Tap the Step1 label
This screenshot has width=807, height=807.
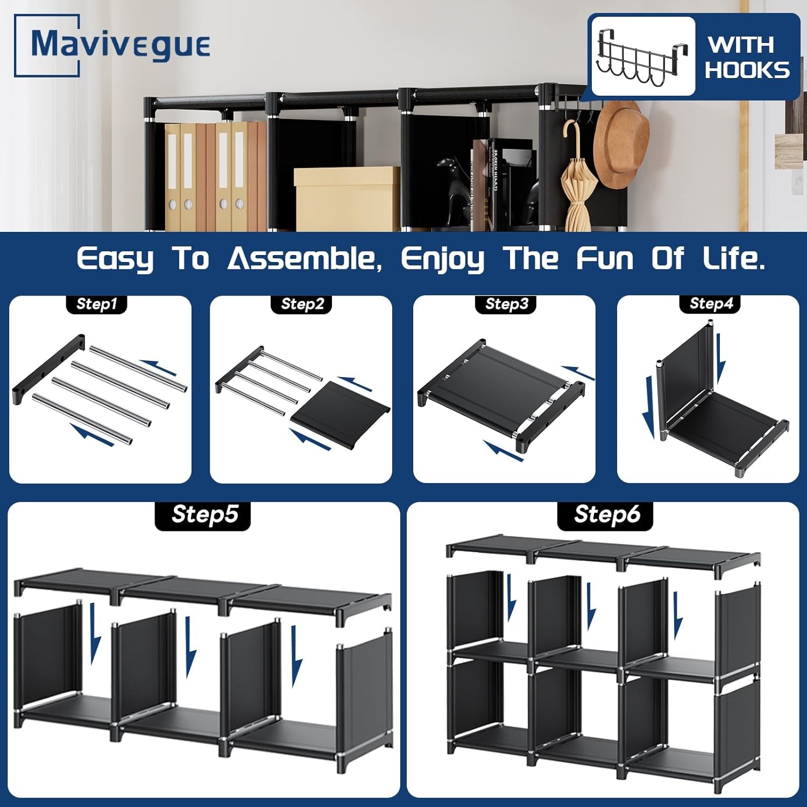point(97,304)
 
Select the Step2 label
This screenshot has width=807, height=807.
point(302,304)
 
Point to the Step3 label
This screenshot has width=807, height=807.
point(507,304)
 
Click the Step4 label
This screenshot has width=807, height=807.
point(711,304)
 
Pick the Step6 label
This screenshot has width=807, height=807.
point(607,515)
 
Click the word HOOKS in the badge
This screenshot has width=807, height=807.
point(747,70)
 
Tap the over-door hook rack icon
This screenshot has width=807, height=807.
point(642,56)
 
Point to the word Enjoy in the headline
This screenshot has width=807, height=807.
point(442,259)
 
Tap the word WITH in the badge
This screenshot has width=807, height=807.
point(741,45)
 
